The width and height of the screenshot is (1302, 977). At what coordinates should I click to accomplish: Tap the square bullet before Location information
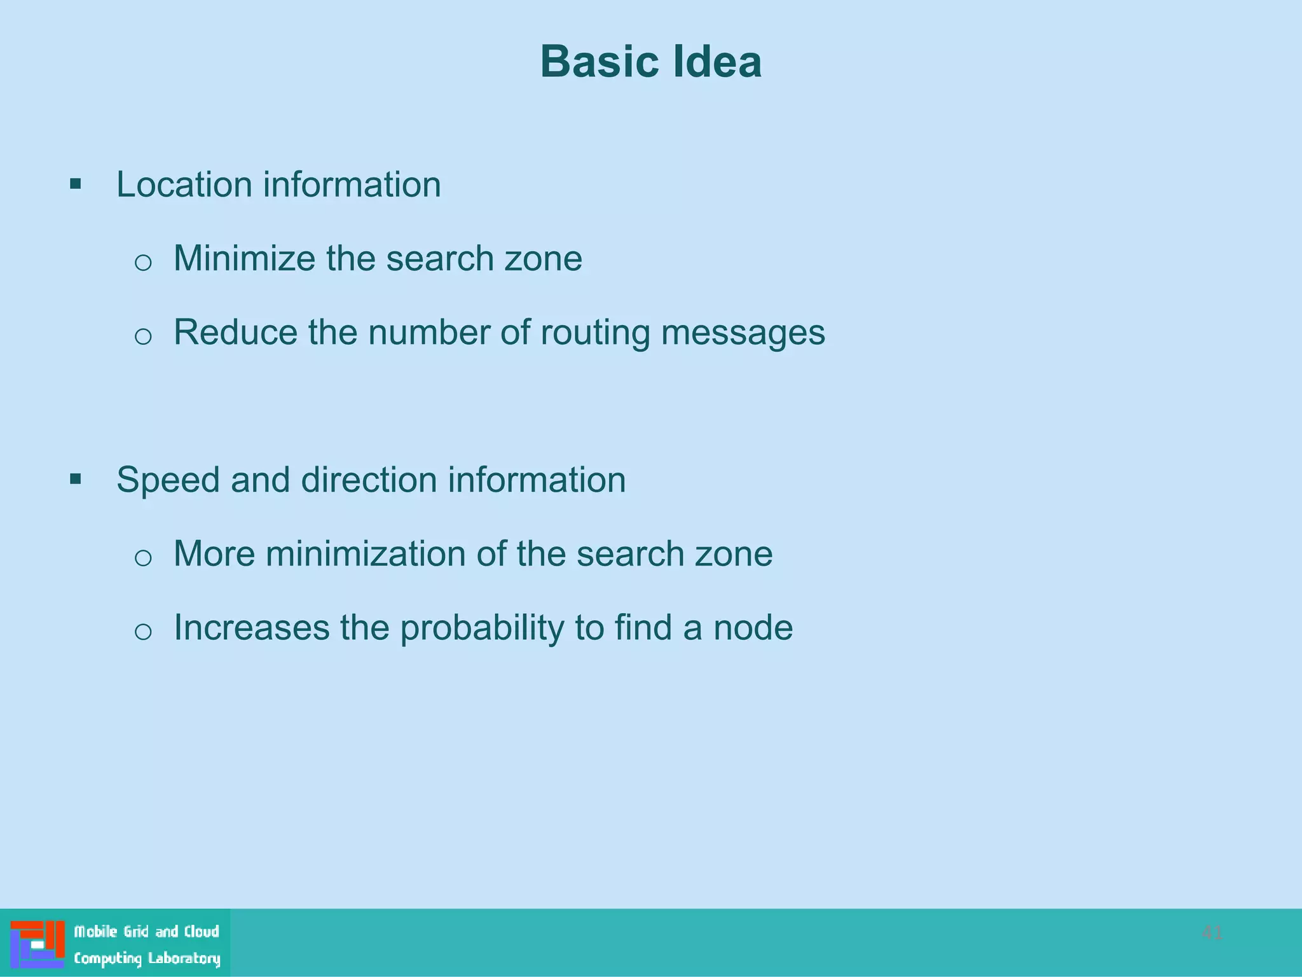point(76,184)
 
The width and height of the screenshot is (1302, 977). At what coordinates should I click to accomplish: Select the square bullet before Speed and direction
point(76,479)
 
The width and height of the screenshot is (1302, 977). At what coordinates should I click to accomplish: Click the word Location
point(184,184)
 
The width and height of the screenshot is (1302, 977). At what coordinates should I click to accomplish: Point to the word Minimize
point(244,258)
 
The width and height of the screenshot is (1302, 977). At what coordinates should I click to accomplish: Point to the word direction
point(369,480)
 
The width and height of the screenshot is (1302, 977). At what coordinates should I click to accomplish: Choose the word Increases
point(252,627)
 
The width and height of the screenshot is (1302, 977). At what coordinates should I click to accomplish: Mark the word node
point(753,628)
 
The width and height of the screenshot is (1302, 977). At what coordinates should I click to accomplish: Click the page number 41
point(1212,932)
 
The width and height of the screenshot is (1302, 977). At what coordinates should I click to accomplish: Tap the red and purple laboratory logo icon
point(38,944)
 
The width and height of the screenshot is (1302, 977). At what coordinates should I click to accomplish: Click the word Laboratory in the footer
point(184,959)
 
